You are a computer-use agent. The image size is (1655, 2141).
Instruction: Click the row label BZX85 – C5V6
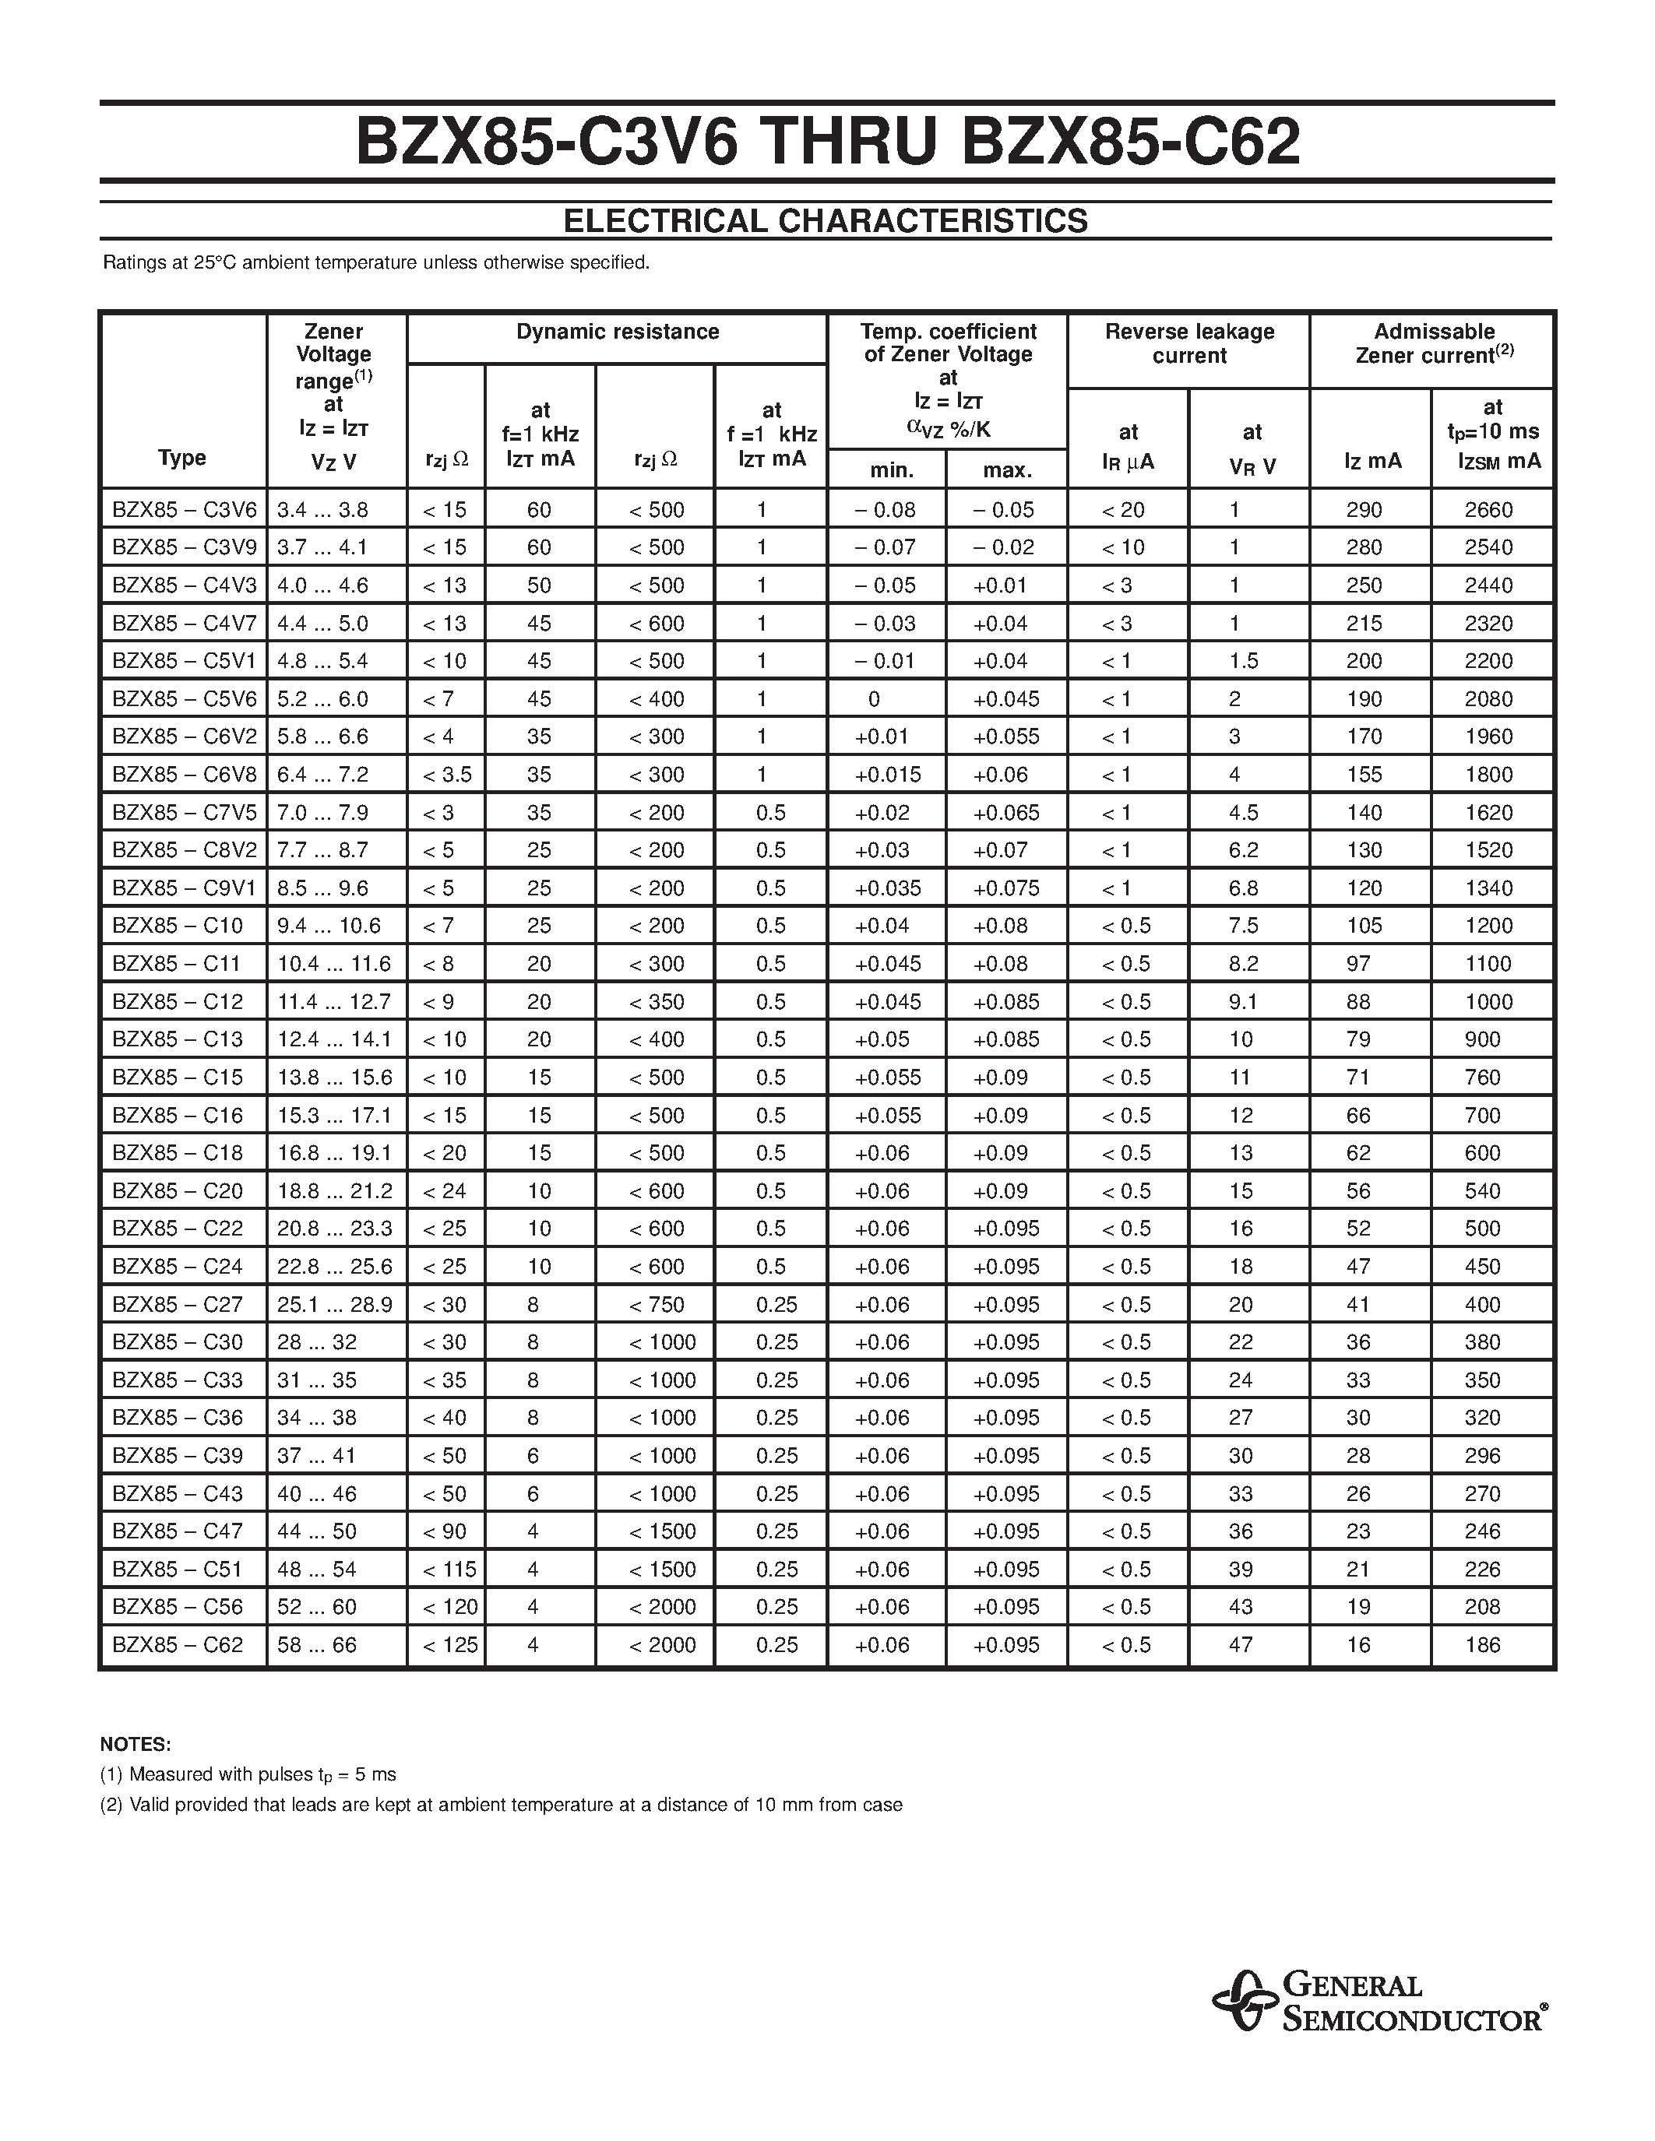183,699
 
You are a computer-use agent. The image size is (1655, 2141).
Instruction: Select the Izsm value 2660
1488,510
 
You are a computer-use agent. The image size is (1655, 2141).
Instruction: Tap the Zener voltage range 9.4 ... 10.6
329,926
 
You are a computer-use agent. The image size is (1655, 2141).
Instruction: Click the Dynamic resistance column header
617,332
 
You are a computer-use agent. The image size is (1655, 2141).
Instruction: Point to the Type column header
181,458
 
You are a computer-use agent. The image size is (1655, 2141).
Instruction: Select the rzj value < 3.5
446,775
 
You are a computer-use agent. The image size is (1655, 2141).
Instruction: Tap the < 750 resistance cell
656,1305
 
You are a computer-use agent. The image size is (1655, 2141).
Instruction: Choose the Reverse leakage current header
1188,343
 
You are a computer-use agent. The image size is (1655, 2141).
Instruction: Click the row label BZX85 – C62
178,1645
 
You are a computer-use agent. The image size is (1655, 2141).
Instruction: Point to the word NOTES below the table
136,1744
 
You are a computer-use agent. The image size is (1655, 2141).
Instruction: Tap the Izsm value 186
1481,1645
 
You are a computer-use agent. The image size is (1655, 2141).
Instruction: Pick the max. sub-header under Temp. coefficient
1006,470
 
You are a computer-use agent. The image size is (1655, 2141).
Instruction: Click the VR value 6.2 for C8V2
1243,850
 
